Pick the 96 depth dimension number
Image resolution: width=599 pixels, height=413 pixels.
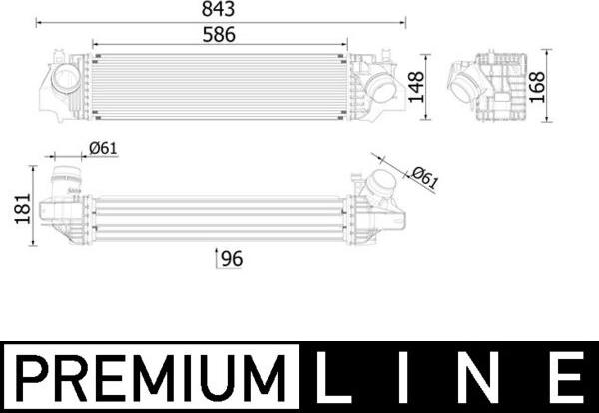click(232, 259)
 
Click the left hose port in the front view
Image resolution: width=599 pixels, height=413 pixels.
click(67, 79)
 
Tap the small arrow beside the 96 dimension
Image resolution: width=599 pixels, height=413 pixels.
click(217, 259)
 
